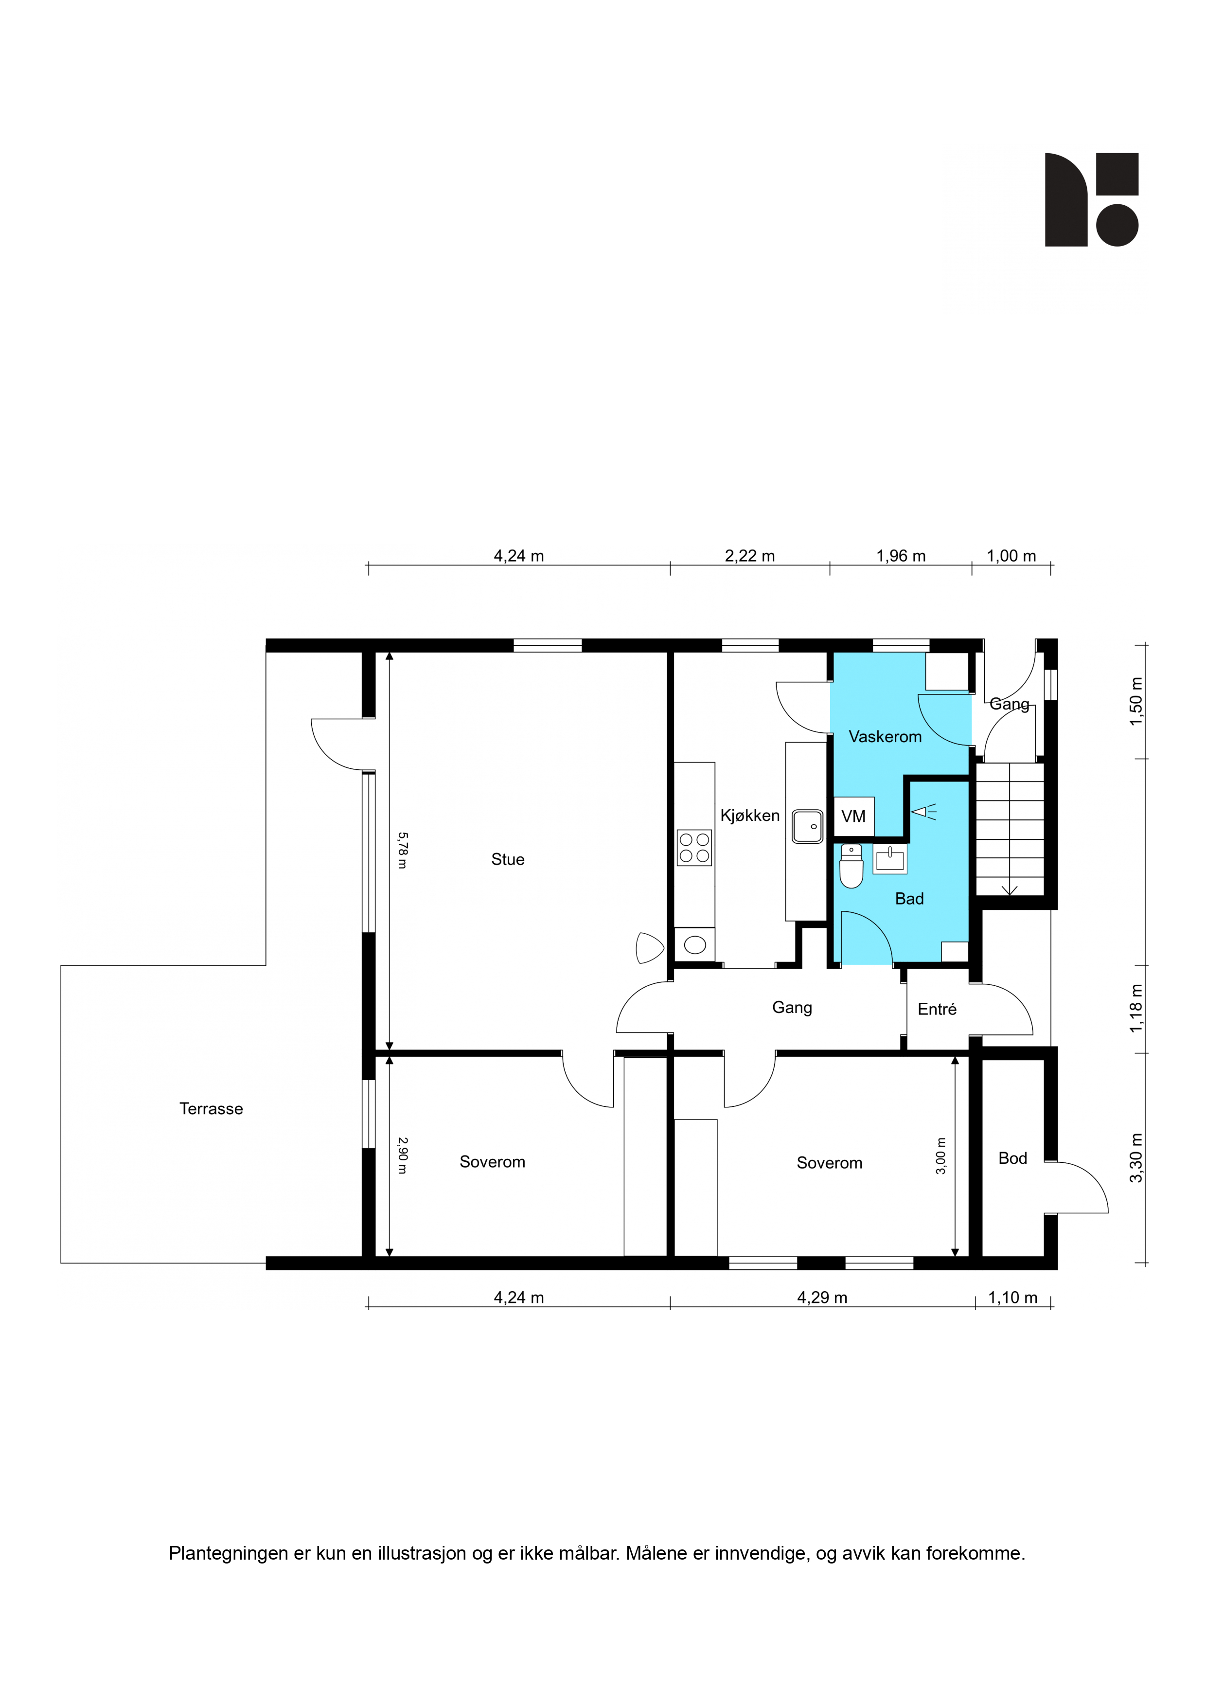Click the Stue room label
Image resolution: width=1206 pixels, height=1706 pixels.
(x=508, y=860)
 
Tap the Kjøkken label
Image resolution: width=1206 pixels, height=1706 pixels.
(x=750, y=816)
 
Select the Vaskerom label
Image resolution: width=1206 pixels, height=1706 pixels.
(x=885, y=737)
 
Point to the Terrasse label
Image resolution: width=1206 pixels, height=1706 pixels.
(x=211, y=1109)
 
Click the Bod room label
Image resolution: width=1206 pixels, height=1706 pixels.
(x=1013, y=1158)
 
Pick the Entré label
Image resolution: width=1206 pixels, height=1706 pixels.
(x=937, y=1009)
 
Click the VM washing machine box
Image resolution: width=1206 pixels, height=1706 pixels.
(x=854, y=817)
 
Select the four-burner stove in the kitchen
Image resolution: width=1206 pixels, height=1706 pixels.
(x=694, y=848)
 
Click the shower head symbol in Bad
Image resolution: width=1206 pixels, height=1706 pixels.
(x=923, y=812)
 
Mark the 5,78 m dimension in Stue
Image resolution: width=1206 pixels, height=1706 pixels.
(x=402, y=850)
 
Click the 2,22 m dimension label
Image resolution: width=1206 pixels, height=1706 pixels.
(x=750, y=556)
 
